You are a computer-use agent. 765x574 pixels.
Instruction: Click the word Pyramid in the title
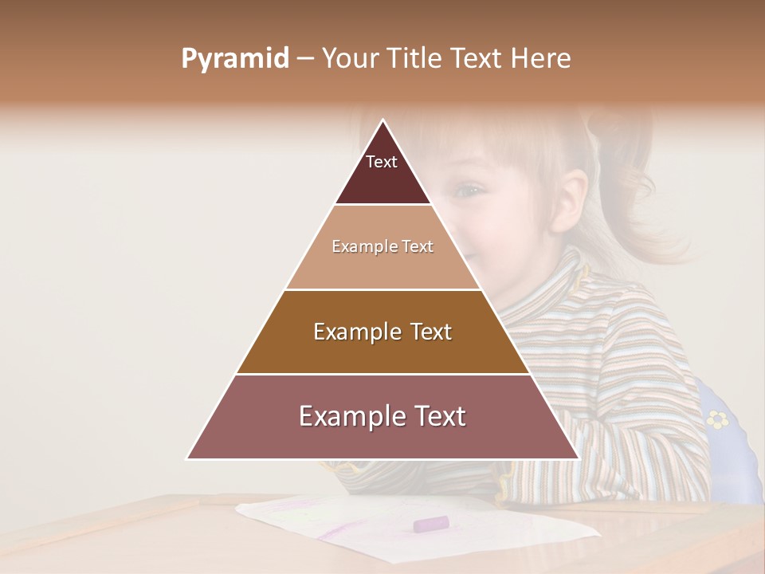[x=234, y=59]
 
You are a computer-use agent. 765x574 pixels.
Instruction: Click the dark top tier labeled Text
[x=382, y=171]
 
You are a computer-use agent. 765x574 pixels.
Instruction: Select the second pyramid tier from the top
[x=382, y=247]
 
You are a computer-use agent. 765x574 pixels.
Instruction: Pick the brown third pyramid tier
[x=382, y=332]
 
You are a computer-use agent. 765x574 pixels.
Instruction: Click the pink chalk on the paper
[x=430, y=524]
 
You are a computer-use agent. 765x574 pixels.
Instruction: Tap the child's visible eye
[x=469, y=191]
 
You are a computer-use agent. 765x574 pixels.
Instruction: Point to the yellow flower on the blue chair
[x=718, y=419]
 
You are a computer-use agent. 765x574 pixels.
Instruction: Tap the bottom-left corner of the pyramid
[x=188, y=458]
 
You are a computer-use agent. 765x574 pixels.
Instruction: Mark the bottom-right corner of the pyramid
[x=578, y=458]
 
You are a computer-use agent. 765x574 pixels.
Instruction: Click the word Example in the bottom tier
[x=343, y=417]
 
